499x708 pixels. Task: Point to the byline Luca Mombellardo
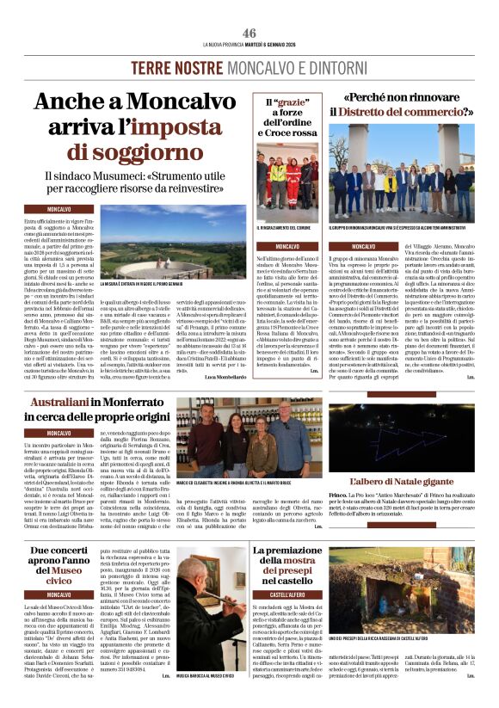click(x=222, y=377)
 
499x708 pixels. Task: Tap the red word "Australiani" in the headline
click(x=65, y=403)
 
